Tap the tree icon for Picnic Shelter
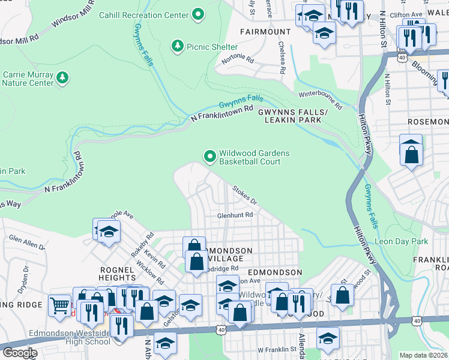pyautogui.click(x=177, y=46)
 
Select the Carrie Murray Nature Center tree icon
pyautogui.click(x=62, y=77)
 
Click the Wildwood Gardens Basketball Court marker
pyautogui.click(x=209, y=157)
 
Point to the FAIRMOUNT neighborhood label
pyautogui.click(x=265, y=31)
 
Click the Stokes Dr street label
pyautogui.click(x=244, y=194)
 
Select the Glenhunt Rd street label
pyautogui.click(x=235, y=215)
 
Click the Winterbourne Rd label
pyautogui.click(x=321, y=100)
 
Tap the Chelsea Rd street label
pyautogui.click(x=281, y=58)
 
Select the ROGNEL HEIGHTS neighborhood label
pyautogui.click(x=118, y=274)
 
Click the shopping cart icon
pyautogui.click(x=59, y=306)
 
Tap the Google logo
pyautogui.click(x=19, y=353)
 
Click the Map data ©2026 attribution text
pyautogui.click(x=423, y=355)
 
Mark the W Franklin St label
pyautogui.click(x=277, y=349)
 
